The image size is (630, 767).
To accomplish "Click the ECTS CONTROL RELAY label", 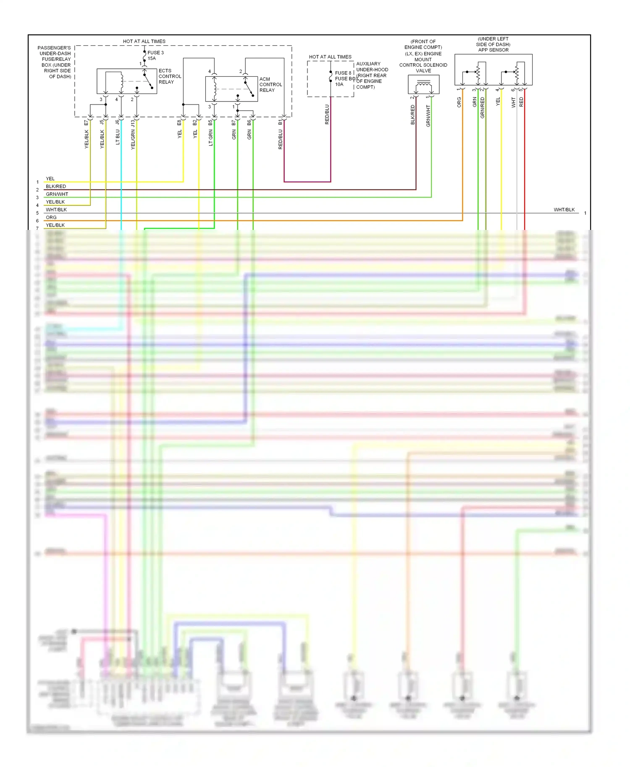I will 170,76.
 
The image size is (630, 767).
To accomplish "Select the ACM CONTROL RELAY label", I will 270,84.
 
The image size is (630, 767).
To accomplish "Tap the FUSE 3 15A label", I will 155,55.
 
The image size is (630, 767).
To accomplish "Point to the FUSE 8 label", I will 343,73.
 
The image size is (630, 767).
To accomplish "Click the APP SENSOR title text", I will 493,50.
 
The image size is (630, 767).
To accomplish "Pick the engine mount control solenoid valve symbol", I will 423,85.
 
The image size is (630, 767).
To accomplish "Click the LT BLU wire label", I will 118,137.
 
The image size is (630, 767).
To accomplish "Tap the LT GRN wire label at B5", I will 211,138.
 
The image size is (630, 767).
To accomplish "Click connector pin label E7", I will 87,123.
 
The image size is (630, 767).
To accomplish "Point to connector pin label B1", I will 280,122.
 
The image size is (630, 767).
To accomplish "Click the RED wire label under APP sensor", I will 521,102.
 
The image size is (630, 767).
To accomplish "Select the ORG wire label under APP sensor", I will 459,102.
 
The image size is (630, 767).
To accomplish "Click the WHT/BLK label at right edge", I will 564,209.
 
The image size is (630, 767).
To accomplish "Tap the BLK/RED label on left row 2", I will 56,186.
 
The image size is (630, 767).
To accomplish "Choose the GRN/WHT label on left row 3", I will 57,194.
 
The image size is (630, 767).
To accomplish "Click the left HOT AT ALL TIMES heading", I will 144,41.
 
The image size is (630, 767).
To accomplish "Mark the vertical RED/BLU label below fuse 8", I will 327,114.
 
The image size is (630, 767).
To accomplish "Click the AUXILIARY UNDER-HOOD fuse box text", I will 371,75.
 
